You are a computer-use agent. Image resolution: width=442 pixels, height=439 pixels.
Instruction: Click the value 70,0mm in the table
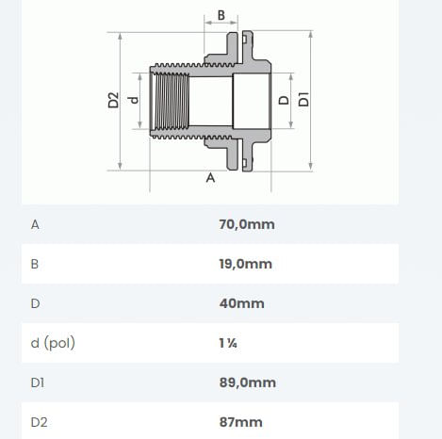click(247, 224)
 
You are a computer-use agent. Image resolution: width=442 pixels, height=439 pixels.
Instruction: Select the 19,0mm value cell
click(246, 264)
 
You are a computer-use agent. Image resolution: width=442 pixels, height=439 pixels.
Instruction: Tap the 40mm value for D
click(241, 303)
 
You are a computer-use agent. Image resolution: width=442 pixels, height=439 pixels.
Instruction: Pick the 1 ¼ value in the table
click(228, 343)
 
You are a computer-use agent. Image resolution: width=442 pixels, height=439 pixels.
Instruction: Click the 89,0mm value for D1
click(248, 382)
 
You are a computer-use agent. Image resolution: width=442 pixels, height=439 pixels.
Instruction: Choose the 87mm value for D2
click(240, 422)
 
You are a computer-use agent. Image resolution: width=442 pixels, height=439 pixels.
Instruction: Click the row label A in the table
click(35, 225)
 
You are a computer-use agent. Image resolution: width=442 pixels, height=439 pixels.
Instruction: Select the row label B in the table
click(35, 264)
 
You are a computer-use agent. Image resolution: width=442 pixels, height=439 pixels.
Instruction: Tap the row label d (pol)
click(53, 343)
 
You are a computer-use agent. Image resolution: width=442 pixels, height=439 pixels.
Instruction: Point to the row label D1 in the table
click(38, 382)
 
